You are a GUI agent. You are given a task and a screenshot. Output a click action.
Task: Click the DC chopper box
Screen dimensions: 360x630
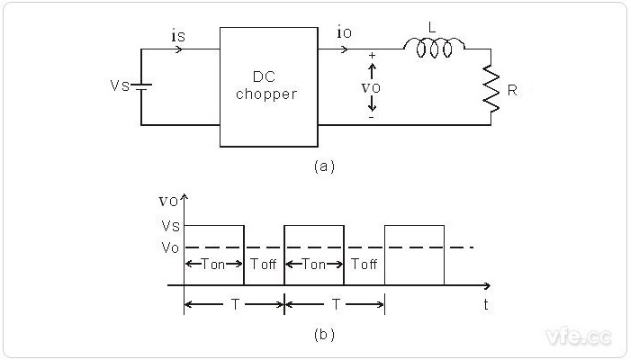tap(268, 86)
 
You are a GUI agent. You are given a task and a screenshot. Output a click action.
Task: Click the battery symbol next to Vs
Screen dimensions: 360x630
tap(142, 86)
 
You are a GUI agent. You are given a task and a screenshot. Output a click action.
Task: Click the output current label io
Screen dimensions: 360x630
tap(344, 35)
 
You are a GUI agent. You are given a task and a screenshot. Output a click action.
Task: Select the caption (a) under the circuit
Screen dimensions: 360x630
tap(324, 166)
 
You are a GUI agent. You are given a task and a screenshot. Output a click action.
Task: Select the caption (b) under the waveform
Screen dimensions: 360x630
tap(324, 335)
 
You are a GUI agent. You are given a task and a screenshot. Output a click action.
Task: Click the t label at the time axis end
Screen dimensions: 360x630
tap(486, 304)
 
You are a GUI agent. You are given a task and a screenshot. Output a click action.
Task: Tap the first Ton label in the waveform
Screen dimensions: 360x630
tap(214, 265)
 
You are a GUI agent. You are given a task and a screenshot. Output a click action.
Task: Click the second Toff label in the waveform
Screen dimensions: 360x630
tap(364, 265)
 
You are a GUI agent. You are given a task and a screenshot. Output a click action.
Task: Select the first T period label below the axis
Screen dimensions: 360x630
tap(234, 304)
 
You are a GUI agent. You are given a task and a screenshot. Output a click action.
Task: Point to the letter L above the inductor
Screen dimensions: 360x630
tap(432, 29)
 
